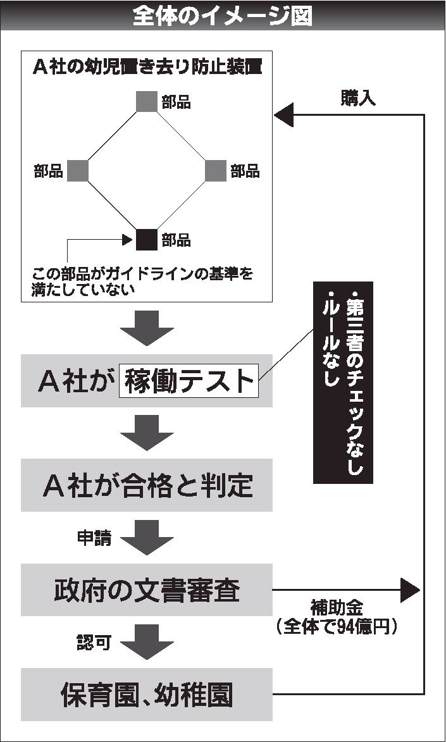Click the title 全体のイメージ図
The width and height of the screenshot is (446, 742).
tap(222, 16)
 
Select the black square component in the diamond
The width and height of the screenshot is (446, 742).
tap(146, 240)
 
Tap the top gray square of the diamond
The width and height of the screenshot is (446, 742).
tap(146, 102)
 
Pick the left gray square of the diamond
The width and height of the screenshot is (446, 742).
tap(77, 171)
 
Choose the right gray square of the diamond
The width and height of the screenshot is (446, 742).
tap(216, 171)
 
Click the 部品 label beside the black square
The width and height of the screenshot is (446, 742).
tap(176, 240)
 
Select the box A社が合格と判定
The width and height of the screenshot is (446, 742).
tap(147, 485)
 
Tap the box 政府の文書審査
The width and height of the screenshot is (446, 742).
tap(147, 590)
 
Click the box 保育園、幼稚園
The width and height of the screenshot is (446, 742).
tap(147, 695)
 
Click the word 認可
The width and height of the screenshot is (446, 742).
tap(94, 643)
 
